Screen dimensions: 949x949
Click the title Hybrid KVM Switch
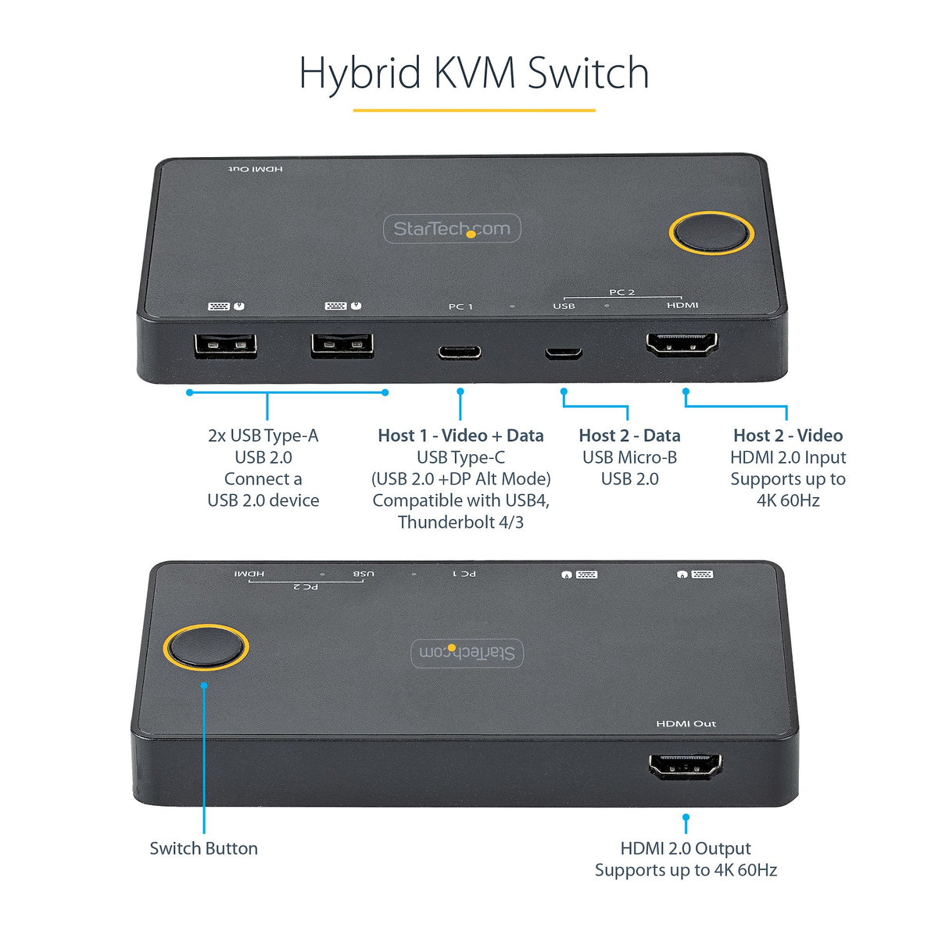pyautogui.click(x=474, y=73)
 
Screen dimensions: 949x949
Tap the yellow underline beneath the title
pyautogui.click(x=474, y=110)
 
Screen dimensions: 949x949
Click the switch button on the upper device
pyautogui.click(x=711, y=233)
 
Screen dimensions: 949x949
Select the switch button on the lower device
pyautogui.click(x=206, y=647)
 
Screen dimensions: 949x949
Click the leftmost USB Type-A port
pyautogui.click(x=225, y=346)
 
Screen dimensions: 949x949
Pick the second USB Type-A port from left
pyautogui.click(x=342, y=346)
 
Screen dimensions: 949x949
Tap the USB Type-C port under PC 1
pyautogui.click(x=459, y=353)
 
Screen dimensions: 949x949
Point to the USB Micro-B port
pyautogui.click(x=564, y=353)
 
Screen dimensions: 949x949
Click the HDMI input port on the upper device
pyautogui.click(x=681, y=345)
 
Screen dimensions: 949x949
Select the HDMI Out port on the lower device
pyautogui.click(x=686, y=766)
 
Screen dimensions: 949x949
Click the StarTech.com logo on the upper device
pyautogui.click(x=452, y=228)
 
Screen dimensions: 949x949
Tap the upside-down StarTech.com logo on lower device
pyautogui.click(x=467, y=653)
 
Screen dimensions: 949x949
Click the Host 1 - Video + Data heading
pyautogui.click(x=460, y=435)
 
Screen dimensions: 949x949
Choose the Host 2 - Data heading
pyautogui.click(x=629, y=435)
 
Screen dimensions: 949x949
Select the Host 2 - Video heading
pyautogui.click(x=787, y=435)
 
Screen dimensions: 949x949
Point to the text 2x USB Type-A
pyautogui.click(x=263, y=435)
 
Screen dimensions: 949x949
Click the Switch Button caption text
pyautogui.click(x=203, y=848)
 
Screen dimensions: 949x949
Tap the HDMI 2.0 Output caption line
pyautogui.click(x=686, y=848)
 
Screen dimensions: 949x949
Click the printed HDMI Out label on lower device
pyautogui.click(x=686, y=724)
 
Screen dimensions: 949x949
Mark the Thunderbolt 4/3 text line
pyautogui.click(x=460, y=522)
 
